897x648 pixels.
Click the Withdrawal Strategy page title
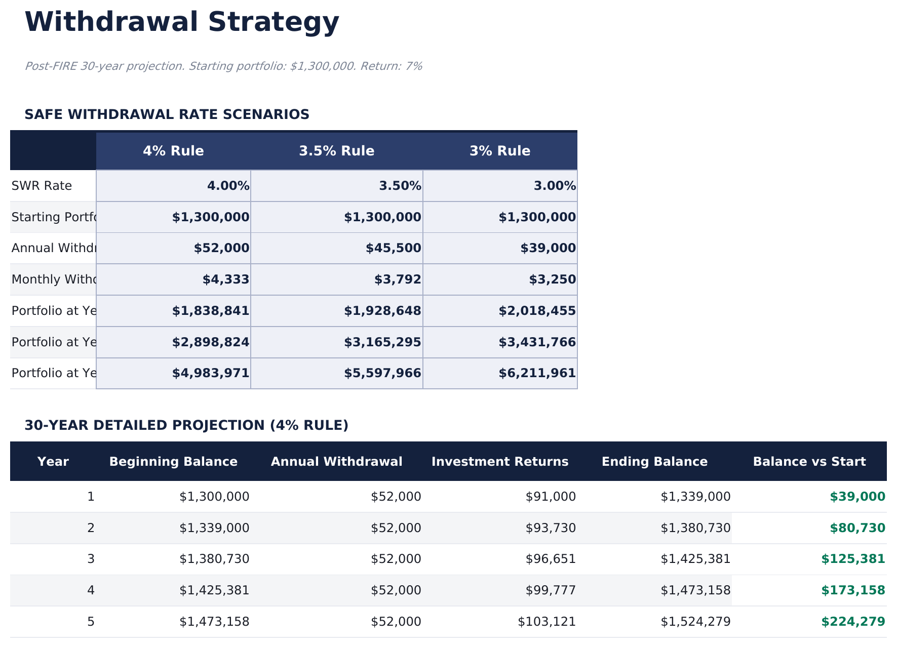tap(181, 23)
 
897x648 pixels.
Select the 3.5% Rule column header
tap(336, 151)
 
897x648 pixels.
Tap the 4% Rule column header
tap(173, 151)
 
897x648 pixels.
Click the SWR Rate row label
tap(42, 186)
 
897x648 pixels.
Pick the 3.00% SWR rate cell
tap(555, 186)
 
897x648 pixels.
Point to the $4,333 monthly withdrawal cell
tap(226, 279)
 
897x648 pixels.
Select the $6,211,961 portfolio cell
tap(537, 374)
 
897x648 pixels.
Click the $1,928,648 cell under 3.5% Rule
tap(382, 311)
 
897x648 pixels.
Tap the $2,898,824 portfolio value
tap(211, 342)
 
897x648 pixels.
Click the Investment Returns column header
tap(499, 462)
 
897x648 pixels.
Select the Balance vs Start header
tap(809, 462)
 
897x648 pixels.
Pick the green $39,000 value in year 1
tap(857, 497)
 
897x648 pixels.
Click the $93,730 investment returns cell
tap(551, 528)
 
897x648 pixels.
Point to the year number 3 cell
tap(91, 559)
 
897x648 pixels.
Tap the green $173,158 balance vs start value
tap(853, 590)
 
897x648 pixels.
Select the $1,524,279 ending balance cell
tap(695, 622)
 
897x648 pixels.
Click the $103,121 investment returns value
tap(547, 622)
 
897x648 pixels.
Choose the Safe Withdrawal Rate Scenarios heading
tap(167, 115)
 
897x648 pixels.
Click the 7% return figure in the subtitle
tap(414, 66)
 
